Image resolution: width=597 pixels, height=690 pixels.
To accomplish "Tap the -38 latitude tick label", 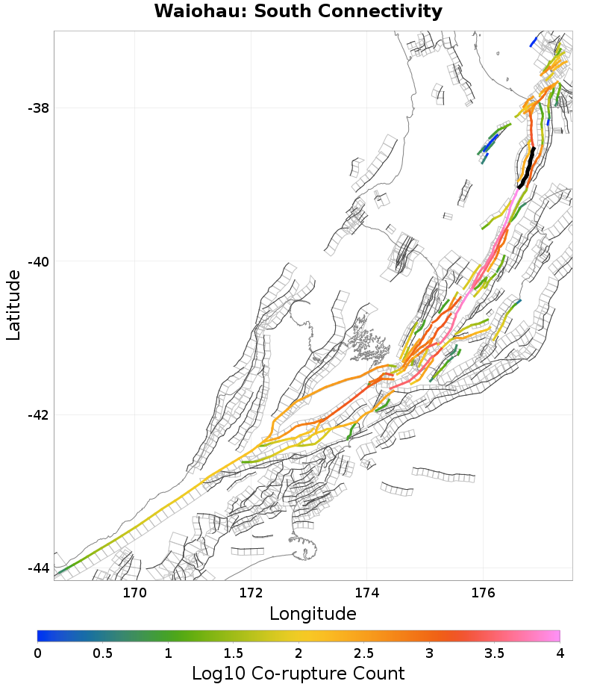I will [x=37, y=108].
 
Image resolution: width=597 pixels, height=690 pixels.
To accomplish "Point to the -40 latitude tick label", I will [x=37, y=261].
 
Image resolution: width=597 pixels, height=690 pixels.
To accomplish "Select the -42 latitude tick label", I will [x=37, y=415].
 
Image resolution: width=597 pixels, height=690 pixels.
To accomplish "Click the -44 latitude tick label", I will [x=37, y=568].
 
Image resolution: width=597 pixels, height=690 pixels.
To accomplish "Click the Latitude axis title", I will [x=13, y=305].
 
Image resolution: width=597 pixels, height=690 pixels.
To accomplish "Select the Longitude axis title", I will [x=313, y=615].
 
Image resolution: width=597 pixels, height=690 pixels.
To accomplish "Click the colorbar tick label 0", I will [x=37, y=653].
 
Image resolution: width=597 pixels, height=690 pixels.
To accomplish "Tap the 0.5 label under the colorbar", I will [x=102, y=653].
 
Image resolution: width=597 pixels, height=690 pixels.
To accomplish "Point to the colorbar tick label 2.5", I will [x=363, y=653].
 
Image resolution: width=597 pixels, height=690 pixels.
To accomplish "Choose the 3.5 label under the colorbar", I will [x=494, y=653].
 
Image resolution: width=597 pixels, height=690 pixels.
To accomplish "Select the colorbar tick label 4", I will [x=560, y=653].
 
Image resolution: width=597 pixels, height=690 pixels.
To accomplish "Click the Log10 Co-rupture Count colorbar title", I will [x=298, y=674].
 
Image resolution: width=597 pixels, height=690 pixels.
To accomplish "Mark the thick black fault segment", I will [x=528, y=168].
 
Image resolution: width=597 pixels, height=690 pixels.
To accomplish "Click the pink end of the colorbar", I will [x=552, y=636].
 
